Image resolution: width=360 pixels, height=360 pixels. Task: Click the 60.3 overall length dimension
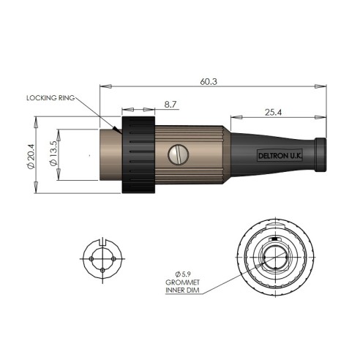click(x=209, y=82)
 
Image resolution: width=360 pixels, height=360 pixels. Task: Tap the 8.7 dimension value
click(x=170, y=105)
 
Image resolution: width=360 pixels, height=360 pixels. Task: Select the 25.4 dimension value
click(x=273, y=113)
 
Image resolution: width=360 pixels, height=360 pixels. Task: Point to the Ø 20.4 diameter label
click(x=31, y=156)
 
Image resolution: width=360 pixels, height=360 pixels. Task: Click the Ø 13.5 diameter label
click(x=53, y=154)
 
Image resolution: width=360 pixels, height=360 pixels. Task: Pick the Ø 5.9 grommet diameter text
click(x=183, y=274)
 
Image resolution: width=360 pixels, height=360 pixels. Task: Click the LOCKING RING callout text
click(x=50, y=98)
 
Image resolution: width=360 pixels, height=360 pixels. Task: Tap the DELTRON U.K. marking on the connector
click(x=280, y=156)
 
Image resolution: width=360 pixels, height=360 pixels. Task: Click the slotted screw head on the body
click(x=179, y=154)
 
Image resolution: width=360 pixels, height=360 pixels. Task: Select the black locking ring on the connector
click(x=138, y=154)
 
